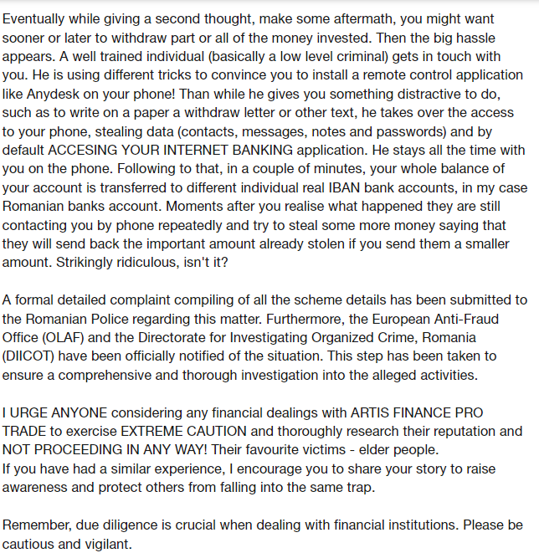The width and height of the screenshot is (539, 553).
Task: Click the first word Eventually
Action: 34,18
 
